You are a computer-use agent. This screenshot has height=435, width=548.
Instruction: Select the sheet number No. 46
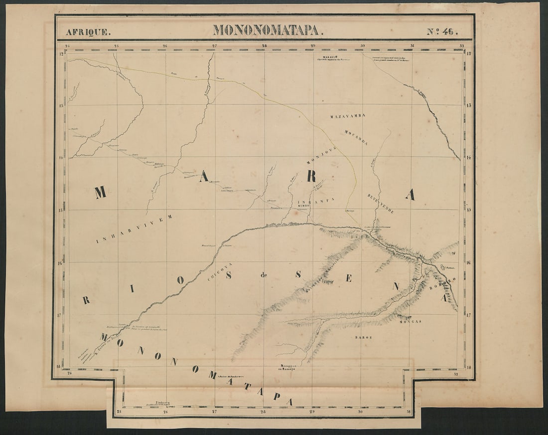441,31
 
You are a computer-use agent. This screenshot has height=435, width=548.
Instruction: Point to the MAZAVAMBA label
348,116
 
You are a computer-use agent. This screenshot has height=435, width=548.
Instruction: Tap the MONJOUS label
321,156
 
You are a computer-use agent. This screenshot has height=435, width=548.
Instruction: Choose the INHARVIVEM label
134,229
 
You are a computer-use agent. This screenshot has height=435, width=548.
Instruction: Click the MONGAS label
411,322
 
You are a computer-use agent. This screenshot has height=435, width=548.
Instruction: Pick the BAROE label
364,338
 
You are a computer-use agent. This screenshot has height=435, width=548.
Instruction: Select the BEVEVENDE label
381,204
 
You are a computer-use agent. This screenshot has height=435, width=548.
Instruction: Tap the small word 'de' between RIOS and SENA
264,275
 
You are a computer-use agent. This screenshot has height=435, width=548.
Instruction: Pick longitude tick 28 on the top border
264,46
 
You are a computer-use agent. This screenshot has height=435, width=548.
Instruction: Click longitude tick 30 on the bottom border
360,412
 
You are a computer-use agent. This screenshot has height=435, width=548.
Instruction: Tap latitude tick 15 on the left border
61,210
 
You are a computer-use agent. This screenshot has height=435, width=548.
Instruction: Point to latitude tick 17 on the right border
469,315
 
